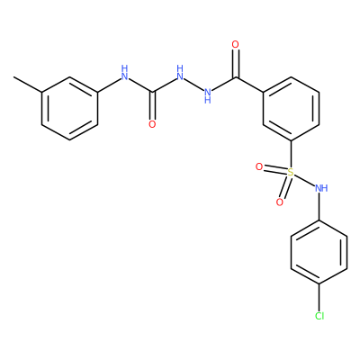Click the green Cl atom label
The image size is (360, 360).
coord(319,316)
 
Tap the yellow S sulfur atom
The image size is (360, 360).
coord(291,172)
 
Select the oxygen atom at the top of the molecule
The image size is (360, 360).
coord(236,45)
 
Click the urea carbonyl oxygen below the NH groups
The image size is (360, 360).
coord(152,124)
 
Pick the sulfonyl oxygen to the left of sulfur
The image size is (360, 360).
coord(259,166)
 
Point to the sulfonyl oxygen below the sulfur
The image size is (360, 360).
coord(280,202)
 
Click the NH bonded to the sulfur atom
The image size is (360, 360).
coord(321,189)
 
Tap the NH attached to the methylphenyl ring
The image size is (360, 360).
coord(124,73)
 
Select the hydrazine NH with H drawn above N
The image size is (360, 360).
coord(180,73)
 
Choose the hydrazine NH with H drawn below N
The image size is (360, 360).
coord(208,95)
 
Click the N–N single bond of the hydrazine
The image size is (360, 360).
coord(193,84)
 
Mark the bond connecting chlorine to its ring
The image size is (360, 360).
coord(319,297)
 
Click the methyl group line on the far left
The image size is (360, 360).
coord(28,85)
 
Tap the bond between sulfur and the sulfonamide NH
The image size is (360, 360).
coord(304,180)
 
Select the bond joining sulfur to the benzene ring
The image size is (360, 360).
coord(291,154)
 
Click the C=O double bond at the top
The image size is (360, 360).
coord(236,63)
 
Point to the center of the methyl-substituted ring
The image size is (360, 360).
coord(69,108)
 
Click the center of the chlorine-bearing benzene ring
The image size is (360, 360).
coord(319,252)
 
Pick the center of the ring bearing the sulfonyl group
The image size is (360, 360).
coord(291,108)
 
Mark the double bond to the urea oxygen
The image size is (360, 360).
coord(152,105)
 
